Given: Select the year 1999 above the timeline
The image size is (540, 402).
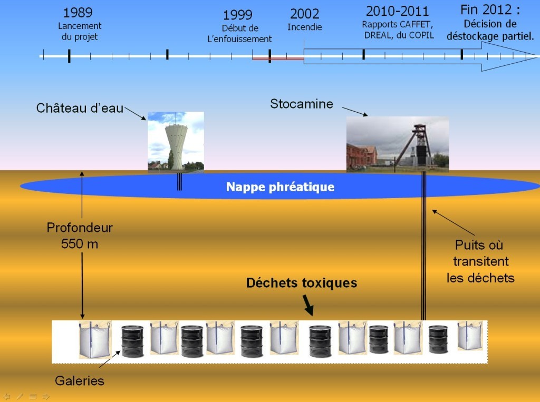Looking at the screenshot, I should pyautogui.click(x=237, y=15).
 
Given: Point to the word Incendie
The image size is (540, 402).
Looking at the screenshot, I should pyautogui.click(x=304, y=27).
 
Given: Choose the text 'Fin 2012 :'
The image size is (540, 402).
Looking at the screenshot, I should pyautogui.click(x=489, y=10).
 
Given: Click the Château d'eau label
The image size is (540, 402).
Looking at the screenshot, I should pyautogui.click(x=80, y=109).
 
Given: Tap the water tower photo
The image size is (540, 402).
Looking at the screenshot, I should pyautogui.click(x=176, y=141).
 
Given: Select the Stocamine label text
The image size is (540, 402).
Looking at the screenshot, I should pyautogui.click(x=302, y=104).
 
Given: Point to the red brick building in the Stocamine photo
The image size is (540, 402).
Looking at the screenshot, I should pyautogui.click(x=362, y=155).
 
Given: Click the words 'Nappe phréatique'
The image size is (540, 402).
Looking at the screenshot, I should pyautogui.click(x=280, y=187).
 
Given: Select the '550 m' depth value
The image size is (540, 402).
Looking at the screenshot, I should pyautogui.click(x=80, y=244).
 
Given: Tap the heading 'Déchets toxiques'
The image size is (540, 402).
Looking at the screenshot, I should pyautogui.click(x=302, y=283).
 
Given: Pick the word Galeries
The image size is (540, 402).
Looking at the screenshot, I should pyautogui.click(x=79, y=380).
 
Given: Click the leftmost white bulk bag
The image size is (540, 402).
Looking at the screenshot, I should pyautogui.click(x=95, y=340).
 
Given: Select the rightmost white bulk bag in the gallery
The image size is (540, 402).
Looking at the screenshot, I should pyautogui.click(x=469, y=336).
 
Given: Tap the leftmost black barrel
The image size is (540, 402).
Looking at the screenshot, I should pyautogui.click(x=132, y=341).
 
